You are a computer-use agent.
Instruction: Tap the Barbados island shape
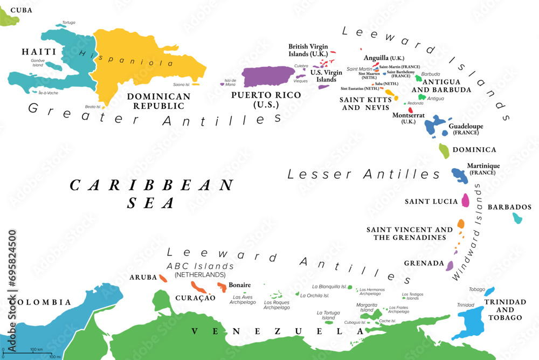tap(517, 218)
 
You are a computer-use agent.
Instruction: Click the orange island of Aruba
tap(163, 278)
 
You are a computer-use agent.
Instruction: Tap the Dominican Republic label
tap(151, 101)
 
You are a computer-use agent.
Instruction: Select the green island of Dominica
tap(444, 151)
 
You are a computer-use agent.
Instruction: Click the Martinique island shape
tap(460, 175)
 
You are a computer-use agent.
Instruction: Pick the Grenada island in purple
tap(450, 265)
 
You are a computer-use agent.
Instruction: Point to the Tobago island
tap(489, 291)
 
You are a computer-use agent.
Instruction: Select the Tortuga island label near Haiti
tap(68, 23)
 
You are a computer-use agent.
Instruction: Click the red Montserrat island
tap(410, 110)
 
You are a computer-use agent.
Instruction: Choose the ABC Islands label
tap(200, 266)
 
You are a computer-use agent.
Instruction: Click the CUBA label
tap(22, 10)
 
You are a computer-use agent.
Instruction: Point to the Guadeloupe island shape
tap(434, 126)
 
